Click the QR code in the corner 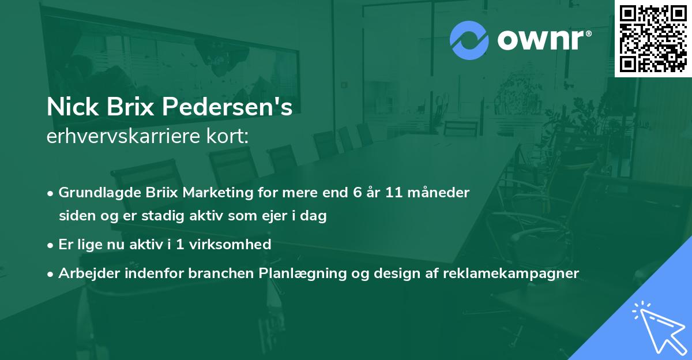click(653, 39)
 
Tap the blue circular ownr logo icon click(469, 40)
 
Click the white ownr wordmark click(544, 40)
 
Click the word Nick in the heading click(73, 107)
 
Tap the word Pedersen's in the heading click(227, 107)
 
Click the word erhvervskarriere click(123, 136)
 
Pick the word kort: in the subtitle click(227, 136)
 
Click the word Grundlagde click(99, 193)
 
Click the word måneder click(439, 193)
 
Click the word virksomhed click(230, 245)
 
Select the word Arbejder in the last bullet click(89, 273)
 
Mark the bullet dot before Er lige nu click(50, 246)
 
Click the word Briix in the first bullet click(161, 193)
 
